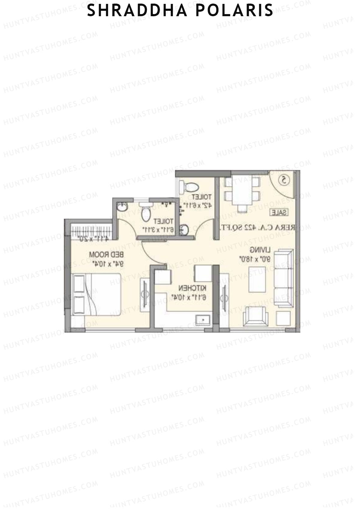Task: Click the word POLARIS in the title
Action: (235, 11)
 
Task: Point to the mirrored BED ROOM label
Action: (106, 255)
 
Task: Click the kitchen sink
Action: (203, 319)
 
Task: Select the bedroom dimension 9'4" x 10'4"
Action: (107, 264)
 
